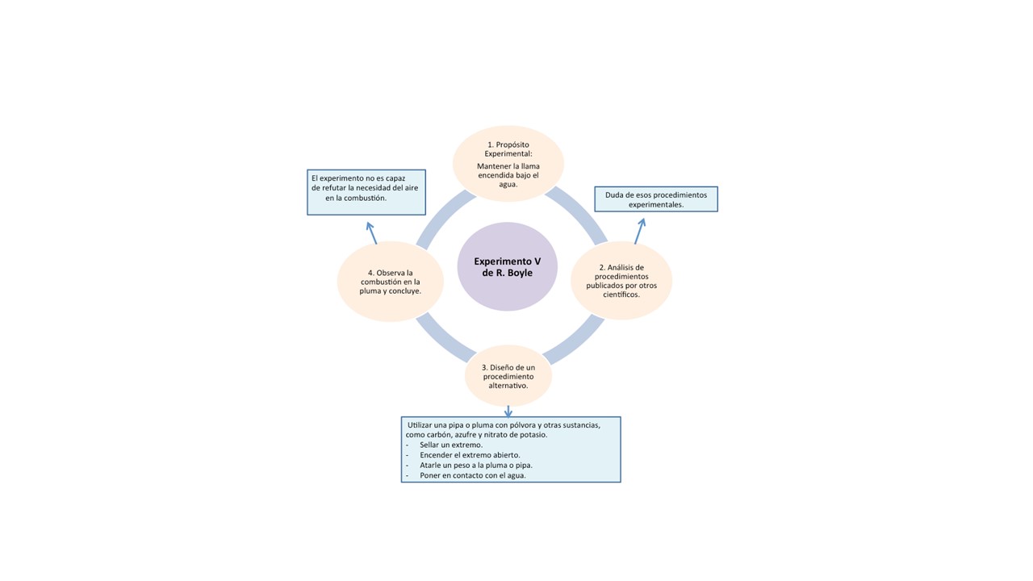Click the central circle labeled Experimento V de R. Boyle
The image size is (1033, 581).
coord(507,266)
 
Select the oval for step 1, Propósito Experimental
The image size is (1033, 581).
coord(508,164)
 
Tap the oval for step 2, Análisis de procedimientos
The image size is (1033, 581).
coord(621,280)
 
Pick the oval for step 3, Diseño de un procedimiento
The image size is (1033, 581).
coord(508,376)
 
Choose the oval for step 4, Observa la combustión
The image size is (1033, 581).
coord(390,281)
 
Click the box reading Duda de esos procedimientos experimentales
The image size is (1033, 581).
coord(655,199)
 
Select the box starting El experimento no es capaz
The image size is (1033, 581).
coord(366,192)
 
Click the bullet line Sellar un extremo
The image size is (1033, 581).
coord(451,445)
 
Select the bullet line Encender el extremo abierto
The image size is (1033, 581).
coord(470,455)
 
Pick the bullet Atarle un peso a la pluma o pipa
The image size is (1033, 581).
coord(475,466)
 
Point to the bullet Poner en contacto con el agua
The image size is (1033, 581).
coord(472,476)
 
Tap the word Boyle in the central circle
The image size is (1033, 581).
coord(520,273)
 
